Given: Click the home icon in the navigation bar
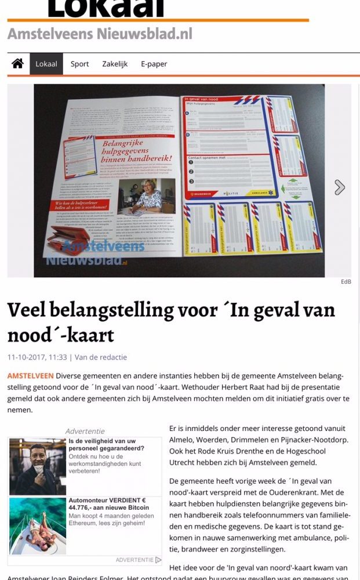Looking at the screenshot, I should pos(17,64).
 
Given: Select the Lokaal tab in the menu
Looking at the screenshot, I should pos(46,64).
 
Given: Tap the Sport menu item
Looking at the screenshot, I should pos(79,64).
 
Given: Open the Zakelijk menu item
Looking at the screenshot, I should pos(115,64).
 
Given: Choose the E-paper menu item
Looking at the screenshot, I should pos(154,64).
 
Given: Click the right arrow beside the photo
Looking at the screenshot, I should pos(340,187).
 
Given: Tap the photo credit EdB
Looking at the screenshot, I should pos(346,282).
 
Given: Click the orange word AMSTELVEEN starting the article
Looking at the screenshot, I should pos(30,376).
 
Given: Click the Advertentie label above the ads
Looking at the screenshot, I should pos(85,431).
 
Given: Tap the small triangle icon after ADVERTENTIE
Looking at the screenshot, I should pos(159,560).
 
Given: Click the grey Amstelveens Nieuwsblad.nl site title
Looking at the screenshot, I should pos(100,34).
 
